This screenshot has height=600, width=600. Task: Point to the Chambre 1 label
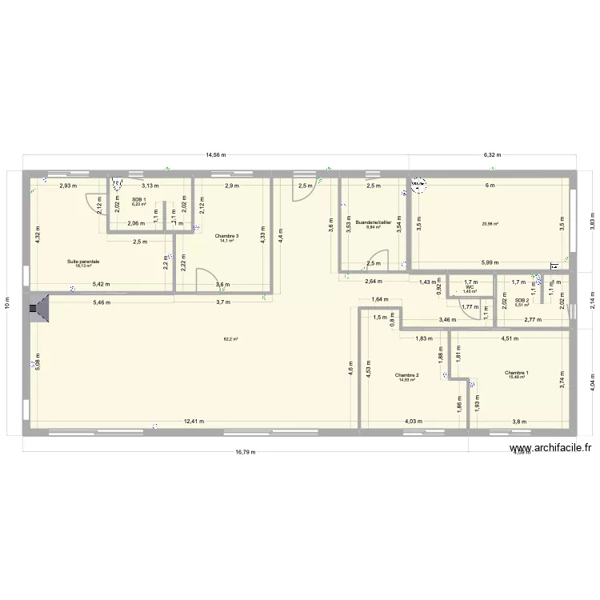point(516,372)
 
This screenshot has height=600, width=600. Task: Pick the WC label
point(470,288)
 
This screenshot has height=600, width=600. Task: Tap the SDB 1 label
point(138,200)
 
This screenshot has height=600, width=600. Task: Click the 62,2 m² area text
point(230,339)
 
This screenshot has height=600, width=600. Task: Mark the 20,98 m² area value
point(490,225)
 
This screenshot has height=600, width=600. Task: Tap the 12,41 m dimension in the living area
point(193,422)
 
